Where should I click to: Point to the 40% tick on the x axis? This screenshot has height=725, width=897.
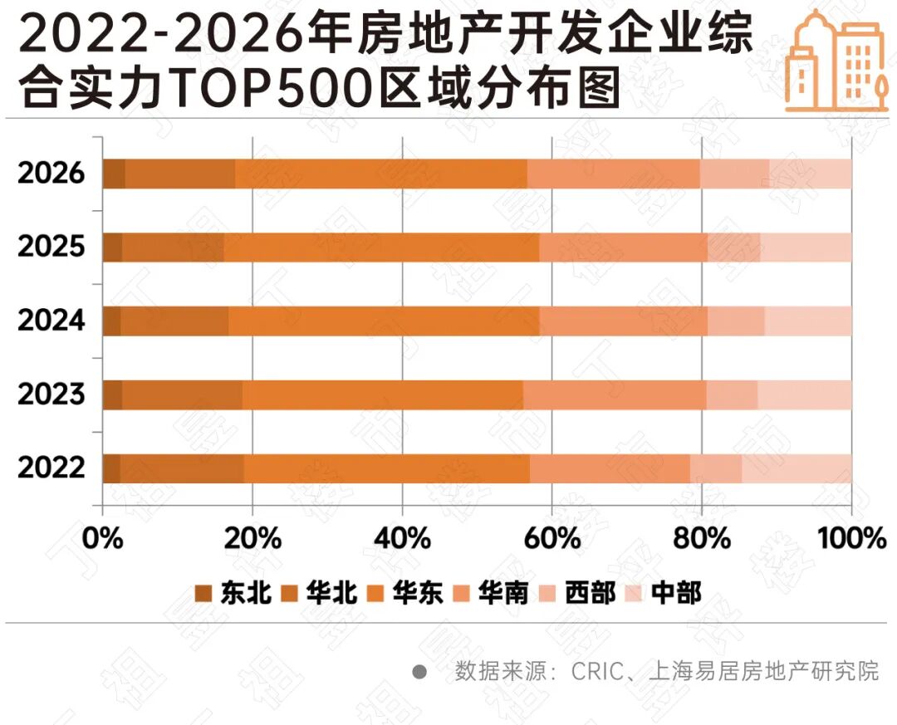(402, 537)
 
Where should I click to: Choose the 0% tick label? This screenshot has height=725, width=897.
(102, 537)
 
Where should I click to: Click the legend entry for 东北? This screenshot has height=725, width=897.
(233, 593)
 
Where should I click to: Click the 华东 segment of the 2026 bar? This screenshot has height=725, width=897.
(381, 174)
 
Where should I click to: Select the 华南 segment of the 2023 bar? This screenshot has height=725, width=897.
(615, 394)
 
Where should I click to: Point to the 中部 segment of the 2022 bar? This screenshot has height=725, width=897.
(797, 468)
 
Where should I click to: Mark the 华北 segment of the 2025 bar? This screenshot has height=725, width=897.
(173, 247)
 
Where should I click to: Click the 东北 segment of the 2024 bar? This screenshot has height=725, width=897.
(111, 321)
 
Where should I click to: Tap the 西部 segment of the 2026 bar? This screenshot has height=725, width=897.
(734, 174)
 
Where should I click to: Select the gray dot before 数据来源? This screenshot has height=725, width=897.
(420, 671)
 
